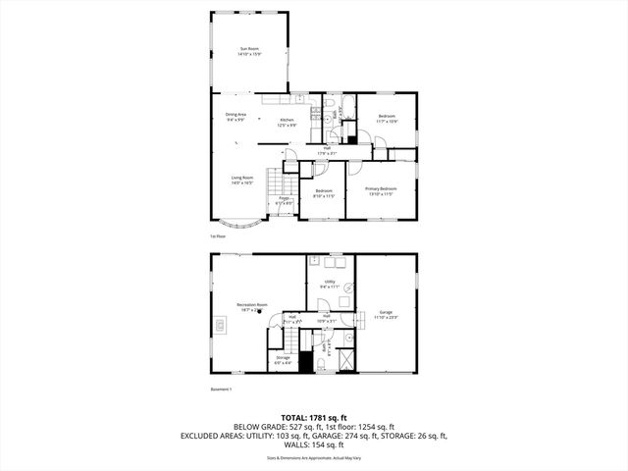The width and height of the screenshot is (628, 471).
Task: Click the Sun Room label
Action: [249, 51]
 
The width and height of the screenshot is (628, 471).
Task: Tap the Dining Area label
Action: [235, 117]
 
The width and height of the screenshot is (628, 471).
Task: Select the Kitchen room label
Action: [286, 122]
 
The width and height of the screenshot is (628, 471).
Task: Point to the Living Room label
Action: [242, 180]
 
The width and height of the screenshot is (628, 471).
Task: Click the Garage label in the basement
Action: [386, 314]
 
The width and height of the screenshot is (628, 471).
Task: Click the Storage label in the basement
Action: [283, 360]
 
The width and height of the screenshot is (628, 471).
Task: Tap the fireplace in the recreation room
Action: [219, 324]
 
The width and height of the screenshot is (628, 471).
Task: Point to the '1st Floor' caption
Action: [218, 237]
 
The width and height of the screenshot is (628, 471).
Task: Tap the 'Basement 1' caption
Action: [222, 390]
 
